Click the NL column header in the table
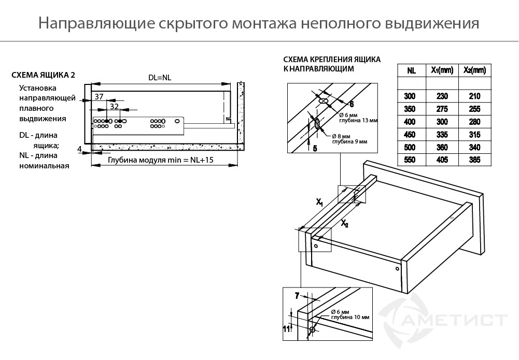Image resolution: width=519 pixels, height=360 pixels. tap(411, 70)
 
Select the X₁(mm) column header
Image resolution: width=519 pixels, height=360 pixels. tap(442, 70)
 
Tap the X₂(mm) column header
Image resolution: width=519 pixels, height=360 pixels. tap(474, 70)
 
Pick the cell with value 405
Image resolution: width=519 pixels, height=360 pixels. tap(442, 161)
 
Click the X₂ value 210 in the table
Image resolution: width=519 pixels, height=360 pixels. tap(474, 96)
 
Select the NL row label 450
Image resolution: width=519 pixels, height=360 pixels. tap(411, 135)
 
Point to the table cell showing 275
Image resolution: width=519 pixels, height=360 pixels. tap(442, 109)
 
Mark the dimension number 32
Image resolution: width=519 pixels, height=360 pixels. tap(115, 106)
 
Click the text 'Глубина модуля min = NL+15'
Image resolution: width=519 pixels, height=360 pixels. tap(161, 161)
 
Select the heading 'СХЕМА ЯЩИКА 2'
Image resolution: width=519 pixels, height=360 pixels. tap(43, 75)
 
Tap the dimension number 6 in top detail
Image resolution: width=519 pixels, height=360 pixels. tap(351, 104)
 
